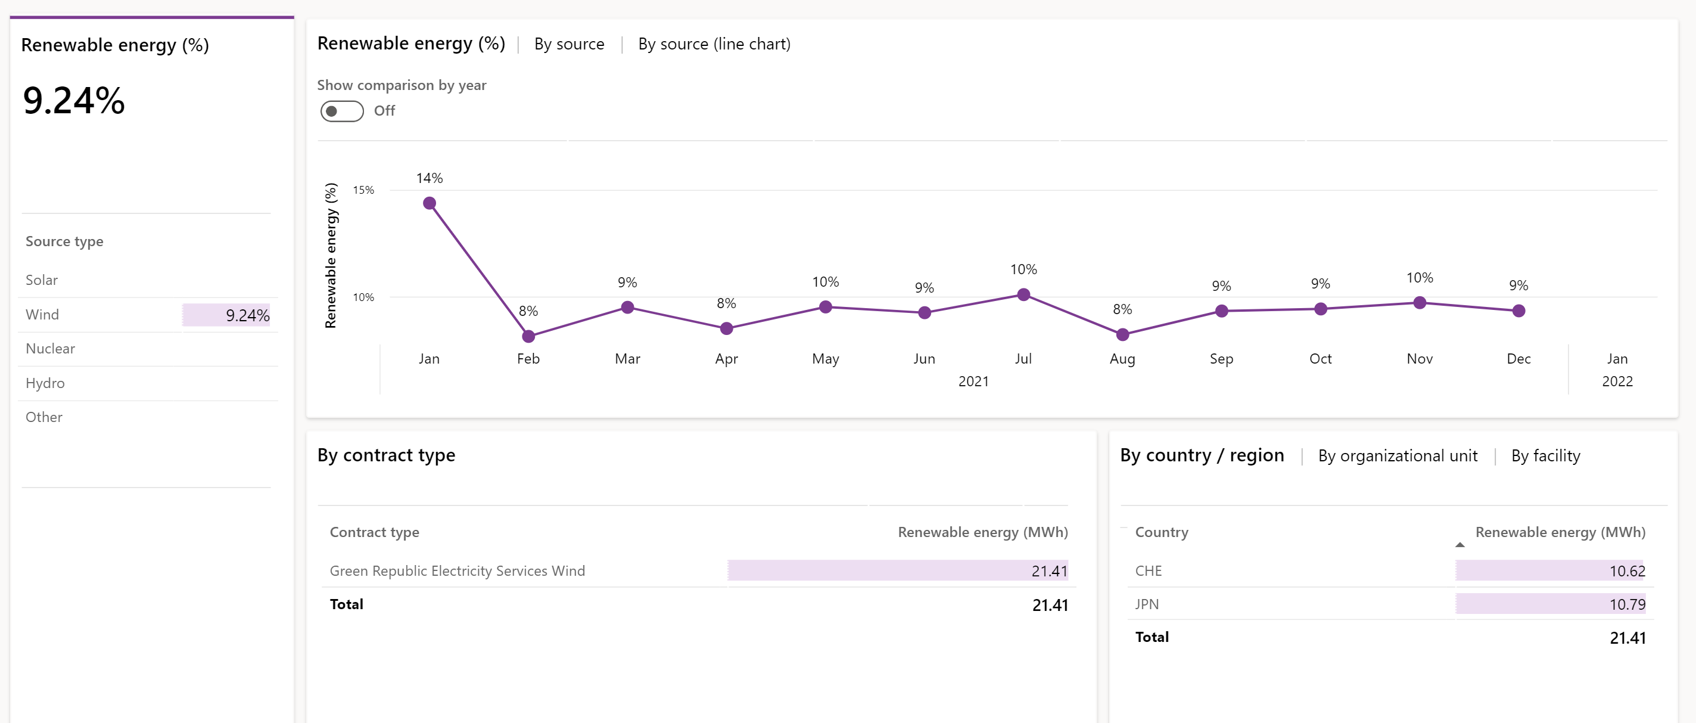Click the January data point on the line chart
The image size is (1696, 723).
tap(430, 203)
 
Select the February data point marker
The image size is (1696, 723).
tap(528, 337)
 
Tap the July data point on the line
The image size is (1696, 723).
tap(1023, 294)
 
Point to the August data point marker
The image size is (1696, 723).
tap(1122, 335)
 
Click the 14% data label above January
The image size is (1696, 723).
tap(430, 178)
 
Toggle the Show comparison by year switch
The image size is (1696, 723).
tap(342, 111)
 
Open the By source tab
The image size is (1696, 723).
tap(569, 44)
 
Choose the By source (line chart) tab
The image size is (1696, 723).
tap(714, 44)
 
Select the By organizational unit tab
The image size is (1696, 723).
tap(1397, 455)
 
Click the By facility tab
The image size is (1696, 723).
tap(1545, 455)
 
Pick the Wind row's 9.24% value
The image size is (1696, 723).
tap(248, 315)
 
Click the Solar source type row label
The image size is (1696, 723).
tap(42, 280)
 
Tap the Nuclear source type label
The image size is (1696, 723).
tap(50, 348)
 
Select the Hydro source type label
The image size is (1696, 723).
tap(45, 383)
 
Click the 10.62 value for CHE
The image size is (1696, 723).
tap(1627, 571)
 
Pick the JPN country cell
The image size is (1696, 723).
tap(1146, 604)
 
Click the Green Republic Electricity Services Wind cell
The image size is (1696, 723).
tap(457, 571)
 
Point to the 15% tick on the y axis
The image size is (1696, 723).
tap(363, 190)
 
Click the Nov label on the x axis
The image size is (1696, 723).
tap(1419, 359)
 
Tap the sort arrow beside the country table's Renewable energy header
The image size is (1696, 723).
tap(1460, 545)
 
